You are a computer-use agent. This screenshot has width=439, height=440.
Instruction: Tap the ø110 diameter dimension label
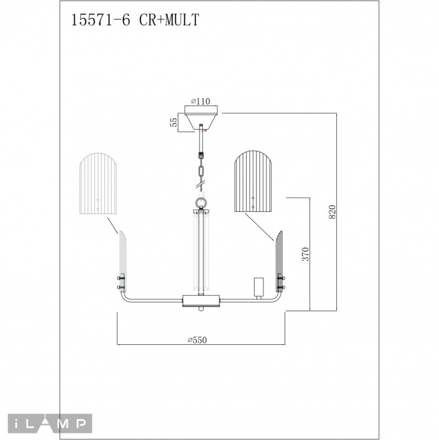coord(202,101)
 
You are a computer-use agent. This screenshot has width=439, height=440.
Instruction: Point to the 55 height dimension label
coord(174,122)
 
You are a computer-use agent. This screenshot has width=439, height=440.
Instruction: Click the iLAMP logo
coord(45,424)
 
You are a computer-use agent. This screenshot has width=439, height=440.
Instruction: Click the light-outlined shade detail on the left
coord(99,185)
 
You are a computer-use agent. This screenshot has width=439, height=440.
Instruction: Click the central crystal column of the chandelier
coord(202,253)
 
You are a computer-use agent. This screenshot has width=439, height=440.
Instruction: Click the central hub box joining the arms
coord(202,301)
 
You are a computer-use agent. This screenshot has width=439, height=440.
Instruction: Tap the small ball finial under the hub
coord(202,309)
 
